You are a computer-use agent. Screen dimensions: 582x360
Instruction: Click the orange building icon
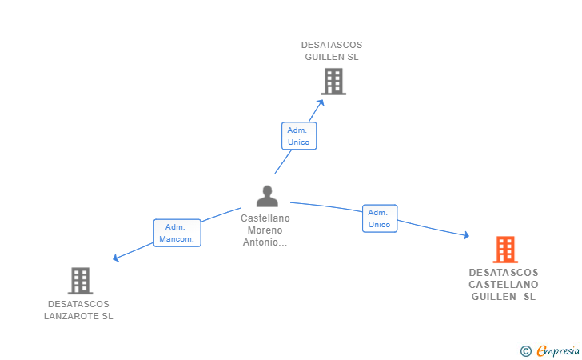point(505,250)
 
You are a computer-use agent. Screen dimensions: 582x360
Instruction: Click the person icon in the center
point(267,196)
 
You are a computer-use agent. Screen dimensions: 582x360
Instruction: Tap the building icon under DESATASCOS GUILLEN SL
point(333,82)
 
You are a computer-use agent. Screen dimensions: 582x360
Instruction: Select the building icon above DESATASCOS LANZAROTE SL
point(80,281)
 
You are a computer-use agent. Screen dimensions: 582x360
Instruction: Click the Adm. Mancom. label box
point(177,233)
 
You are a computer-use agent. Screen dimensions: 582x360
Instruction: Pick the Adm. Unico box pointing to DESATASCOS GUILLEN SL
point(299,136)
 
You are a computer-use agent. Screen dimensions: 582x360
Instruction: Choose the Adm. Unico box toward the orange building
point(380,218)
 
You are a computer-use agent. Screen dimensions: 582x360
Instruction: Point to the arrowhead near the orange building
point(467,234)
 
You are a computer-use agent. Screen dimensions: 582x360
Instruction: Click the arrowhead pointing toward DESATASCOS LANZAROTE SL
point(116,258)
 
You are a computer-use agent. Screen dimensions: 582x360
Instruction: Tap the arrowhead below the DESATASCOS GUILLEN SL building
point(321,102)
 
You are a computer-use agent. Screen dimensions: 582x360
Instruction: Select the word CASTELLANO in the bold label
point(504,285)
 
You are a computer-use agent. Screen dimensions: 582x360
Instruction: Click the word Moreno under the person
point(265,230)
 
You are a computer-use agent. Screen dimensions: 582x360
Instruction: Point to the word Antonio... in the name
point(265,242)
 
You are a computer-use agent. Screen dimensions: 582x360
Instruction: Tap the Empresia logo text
point(558,350)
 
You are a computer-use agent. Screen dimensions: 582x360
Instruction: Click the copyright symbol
point(525,351)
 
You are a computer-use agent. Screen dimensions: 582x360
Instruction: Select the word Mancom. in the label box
point(177,239)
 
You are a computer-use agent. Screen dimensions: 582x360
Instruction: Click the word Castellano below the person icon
point(265,218)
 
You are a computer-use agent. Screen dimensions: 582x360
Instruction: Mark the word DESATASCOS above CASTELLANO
point(504,273)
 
